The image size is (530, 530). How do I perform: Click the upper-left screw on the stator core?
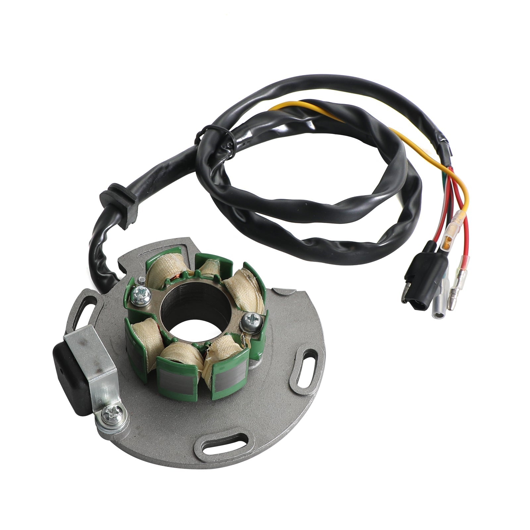pos(137,293)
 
